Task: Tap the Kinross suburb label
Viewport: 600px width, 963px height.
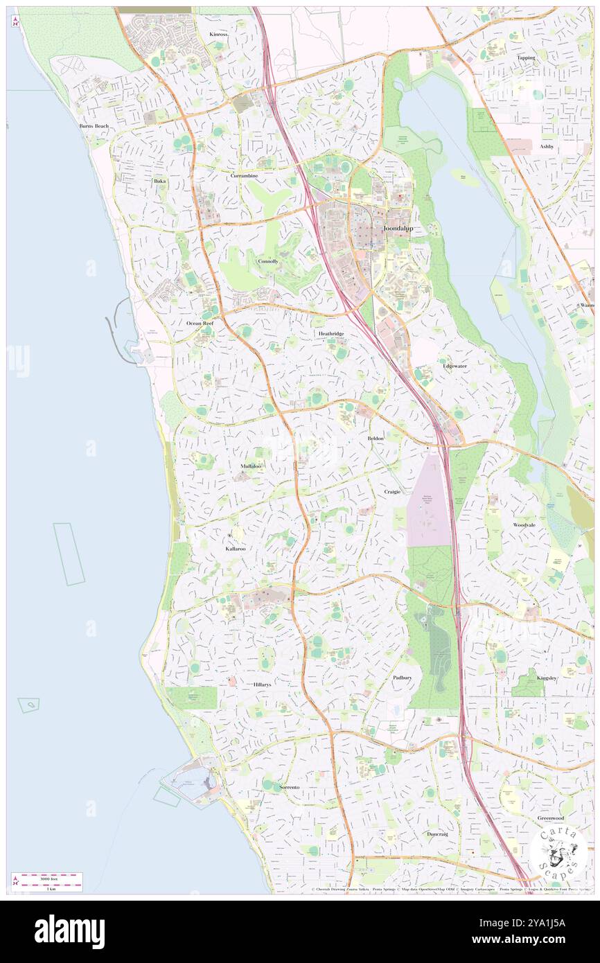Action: [x=219, y=33]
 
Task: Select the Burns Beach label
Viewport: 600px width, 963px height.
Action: [x=94, y=126]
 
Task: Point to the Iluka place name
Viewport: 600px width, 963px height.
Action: [x=160, y=181]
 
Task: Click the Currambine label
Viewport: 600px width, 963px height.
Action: [x=244, y=176]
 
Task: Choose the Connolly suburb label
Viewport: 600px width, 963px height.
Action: [x=268, y=261]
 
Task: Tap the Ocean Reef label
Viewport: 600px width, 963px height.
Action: [x=200, y=324]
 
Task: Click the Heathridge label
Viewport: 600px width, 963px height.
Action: [x=331, y=333]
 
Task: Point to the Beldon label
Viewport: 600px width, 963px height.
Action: [x=376, y=439]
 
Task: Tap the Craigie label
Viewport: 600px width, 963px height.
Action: [x=392, y=491]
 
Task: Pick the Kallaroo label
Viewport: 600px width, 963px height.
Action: [x=236, y=548]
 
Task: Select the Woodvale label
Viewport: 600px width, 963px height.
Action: [x=524, y=525]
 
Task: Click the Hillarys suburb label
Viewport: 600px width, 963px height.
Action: [x=262, y=684]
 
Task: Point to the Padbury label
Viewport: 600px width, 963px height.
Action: [x=403, y=677]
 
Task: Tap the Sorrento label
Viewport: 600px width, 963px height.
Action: [x=289, y=788]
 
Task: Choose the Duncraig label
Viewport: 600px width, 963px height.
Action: [x=437, y=833]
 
